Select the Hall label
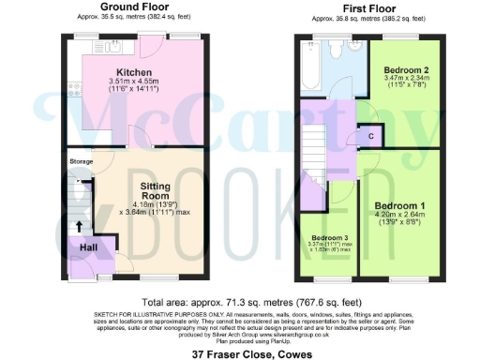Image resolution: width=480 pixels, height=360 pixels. (88, 247)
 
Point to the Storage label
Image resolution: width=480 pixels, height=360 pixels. (82, 162)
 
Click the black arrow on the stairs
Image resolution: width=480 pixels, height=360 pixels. (80, 226)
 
